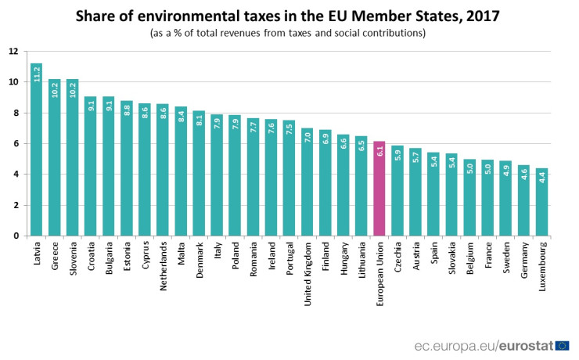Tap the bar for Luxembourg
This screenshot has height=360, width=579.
(541, 203)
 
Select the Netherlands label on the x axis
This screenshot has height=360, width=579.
(163, 265)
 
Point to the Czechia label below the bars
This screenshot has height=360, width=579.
(397, 257)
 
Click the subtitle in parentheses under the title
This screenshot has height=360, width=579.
(287, 33)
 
